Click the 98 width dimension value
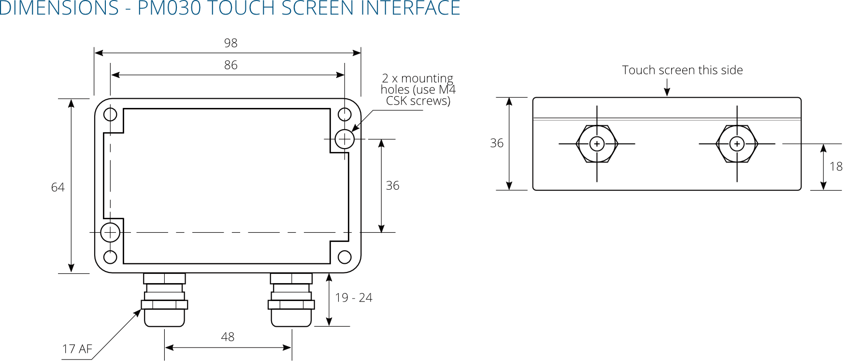coord(230,43)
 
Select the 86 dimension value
coord(230,65)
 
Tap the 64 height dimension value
coord(58,187)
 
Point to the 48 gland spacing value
coord(228,337)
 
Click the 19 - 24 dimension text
coord(354,298)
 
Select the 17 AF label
coord(77,349)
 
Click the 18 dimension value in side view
coord(836,167)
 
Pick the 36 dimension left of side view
coord(497,143)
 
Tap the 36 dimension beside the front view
coord(392,186)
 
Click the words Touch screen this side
coord(682,70)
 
